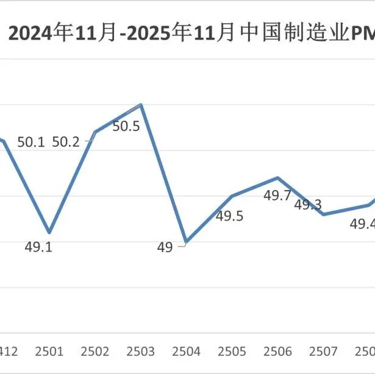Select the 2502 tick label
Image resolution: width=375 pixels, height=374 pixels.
pos(95,352)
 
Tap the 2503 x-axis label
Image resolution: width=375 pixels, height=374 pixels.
pos(141,352)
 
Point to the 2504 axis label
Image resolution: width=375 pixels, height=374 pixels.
pos(187,352)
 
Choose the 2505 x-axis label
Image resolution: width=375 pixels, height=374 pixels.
pos(232,352)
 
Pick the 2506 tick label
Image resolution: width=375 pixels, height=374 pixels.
pos(278,352)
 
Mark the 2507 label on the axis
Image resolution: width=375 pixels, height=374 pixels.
pos(324,352)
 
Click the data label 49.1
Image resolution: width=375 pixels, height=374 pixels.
pos(38,248)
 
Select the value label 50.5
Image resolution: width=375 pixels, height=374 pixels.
pos(126,127)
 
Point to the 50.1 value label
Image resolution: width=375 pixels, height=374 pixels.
pos(31,142)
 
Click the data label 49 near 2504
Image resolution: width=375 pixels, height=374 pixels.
pos(165,247)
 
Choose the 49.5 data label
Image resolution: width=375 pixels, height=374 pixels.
pos(230,216)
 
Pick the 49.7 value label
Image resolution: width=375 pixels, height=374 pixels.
pos(277,196)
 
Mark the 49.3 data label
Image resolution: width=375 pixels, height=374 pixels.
pos(308,205)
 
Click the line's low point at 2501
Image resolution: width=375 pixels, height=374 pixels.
pos(49,233)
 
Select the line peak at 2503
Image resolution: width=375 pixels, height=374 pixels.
pos(141,104)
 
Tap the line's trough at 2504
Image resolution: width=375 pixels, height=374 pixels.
pos(186,242)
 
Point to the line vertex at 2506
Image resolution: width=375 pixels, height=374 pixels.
pos(278,178)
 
